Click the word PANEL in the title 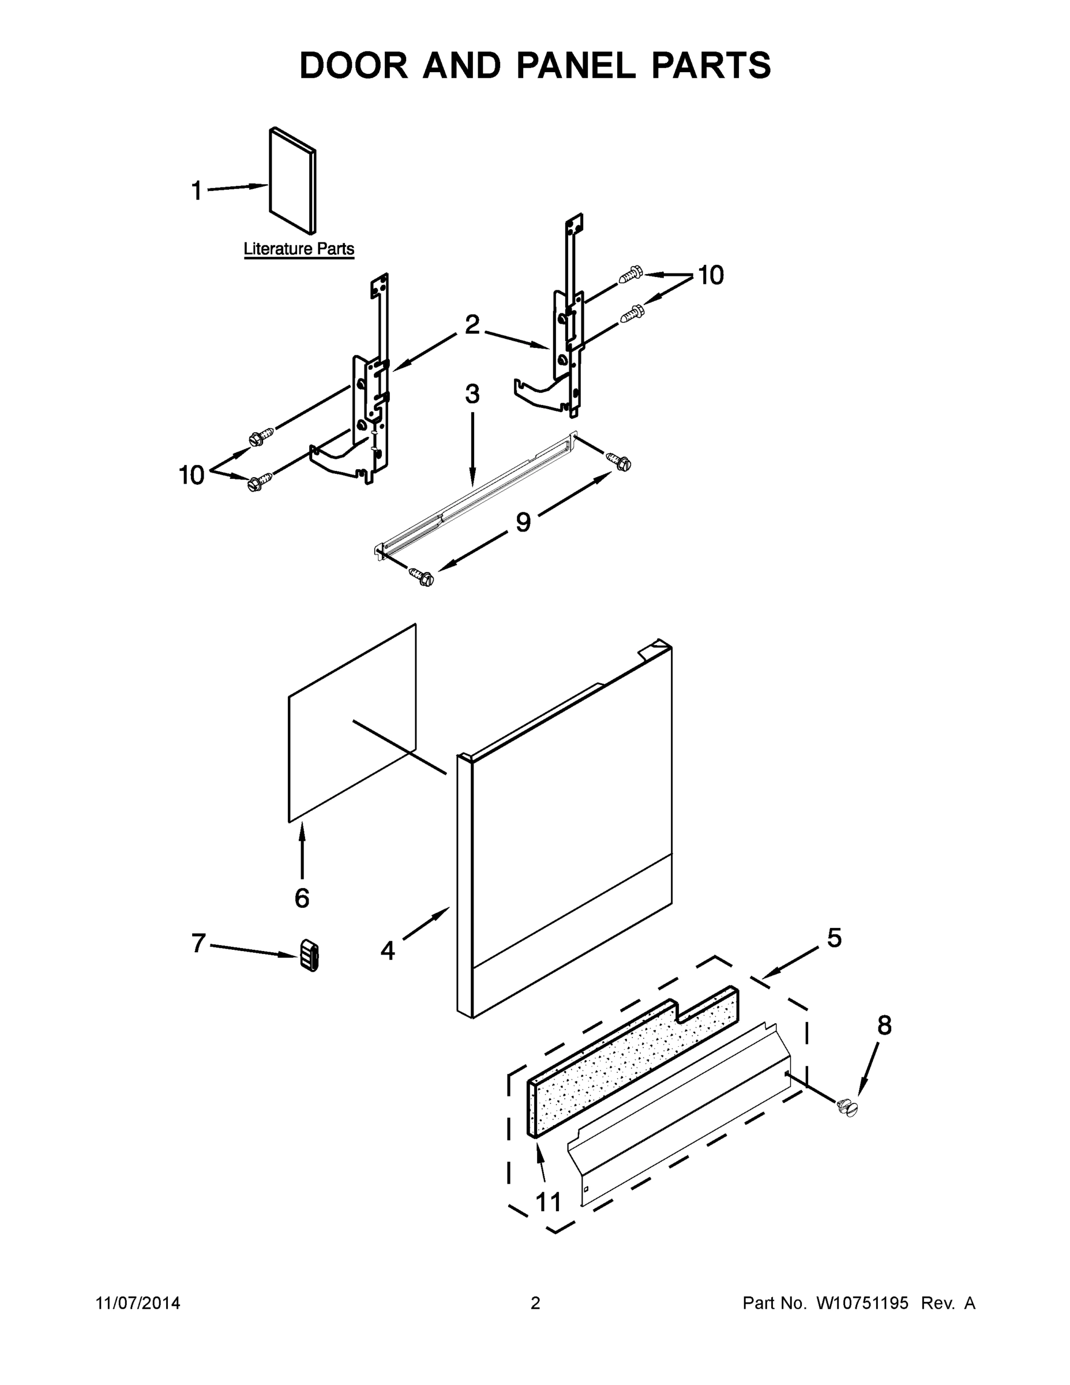click(576, 66)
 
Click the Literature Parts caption click(299, 249)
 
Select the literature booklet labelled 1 click(292, 181)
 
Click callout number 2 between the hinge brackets click(472, 325)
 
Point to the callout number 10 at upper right click(711, 275)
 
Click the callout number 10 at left click(192, 475)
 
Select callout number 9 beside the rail click(523, 522)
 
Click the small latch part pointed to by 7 click(309, 955)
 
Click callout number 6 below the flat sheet click(302, 897)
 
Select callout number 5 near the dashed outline click(834, 938)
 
